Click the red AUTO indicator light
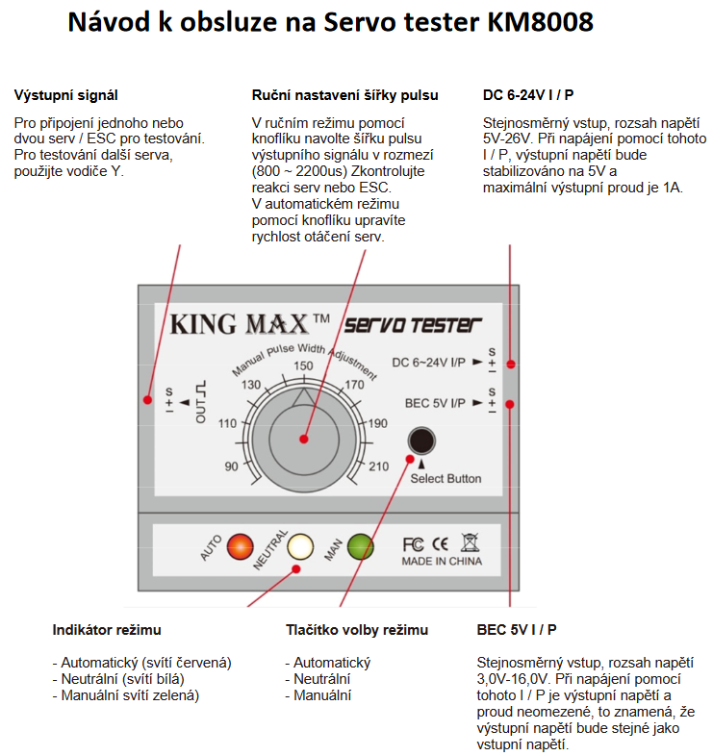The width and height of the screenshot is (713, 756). tap(241, 546)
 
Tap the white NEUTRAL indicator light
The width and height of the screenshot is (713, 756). tap(301, 546)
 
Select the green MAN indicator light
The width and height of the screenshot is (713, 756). tap(361, 546)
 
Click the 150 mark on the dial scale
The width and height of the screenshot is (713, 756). tap(303, 365)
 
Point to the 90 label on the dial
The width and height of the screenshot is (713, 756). tap(232, 466)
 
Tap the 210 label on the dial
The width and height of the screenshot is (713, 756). tap(377, 466)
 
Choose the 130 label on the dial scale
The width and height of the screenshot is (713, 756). tap(252, 385)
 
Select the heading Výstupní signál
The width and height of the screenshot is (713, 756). tap(66, 95)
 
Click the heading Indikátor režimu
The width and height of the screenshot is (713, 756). tap(107, 630)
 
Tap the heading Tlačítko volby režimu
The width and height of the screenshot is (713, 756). tap(357, 630)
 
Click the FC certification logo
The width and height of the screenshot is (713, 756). tap(413, 542)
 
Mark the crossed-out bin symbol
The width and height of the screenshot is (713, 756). tap(470, 542)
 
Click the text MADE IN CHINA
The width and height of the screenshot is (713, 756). tap(442, 561)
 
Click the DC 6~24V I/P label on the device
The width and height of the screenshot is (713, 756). tap(429, 362)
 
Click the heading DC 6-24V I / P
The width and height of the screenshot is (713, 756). tap(530, 95)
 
